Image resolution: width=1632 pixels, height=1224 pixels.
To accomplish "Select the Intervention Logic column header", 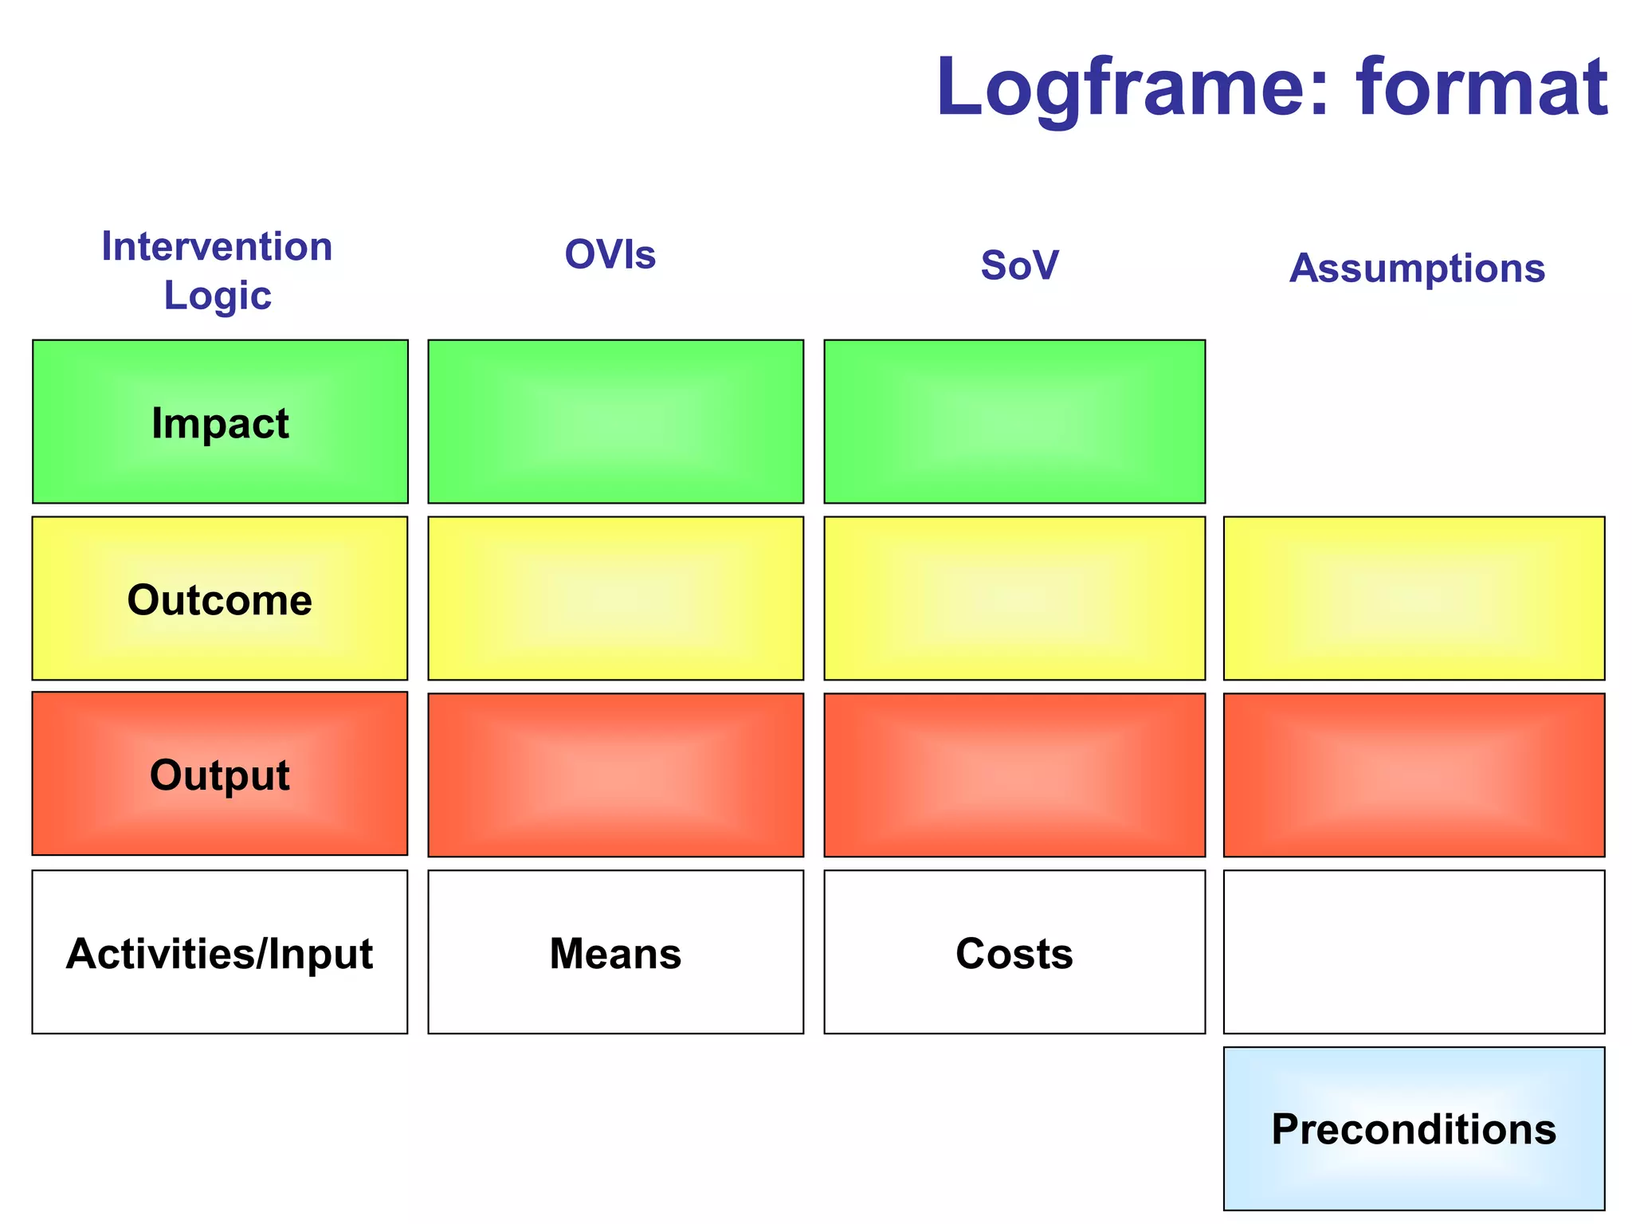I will [217, 270].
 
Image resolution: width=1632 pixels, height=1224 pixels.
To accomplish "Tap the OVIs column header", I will [610, 255].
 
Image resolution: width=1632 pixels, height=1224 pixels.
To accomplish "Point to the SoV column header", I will [1019, 265].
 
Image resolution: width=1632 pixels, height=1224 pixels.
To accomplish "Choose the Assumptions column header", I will [1417, 269].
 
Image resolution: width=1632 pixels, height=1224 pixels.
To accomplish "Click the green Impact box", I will [220, 422].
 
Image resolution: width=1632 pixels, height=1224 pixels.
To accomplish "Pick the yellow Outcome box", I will [220, 598].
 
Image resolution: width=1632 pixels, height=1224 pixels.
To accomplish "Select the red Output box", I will [220, 774].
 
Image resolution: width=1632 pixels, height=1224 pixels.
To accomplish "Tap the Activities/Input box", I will [220, 952].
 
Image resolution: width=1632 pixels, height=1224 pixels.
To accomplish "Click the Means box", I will [615, 952].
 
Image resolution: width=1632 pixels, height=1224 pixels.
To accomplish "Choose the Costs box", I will [1014, 952].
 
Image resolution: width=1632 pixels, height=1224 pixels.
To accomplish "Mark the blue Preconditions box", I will [1414, 1128].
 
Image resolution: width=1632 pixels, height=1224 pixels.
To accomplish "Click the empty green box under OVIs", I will [615, 422].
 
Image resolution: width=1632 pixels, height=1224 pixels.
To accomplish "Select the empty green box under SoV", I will [1014, 422].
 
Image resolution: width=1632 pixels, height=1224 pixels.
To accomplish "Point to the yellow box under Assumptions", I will [1414, 598].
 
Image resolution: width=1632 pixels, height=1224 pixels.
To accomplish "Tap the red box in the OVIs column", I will [615, 775].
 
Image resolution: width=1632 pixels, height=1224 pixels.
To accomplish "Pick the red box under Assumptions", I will [1414, 775].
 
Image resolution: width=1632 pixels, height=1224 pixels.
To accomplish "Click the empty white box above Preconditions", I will [1414, 952].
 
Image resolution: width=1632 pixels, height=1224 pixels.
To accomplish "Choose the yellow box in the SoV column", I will [1014, 598].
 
